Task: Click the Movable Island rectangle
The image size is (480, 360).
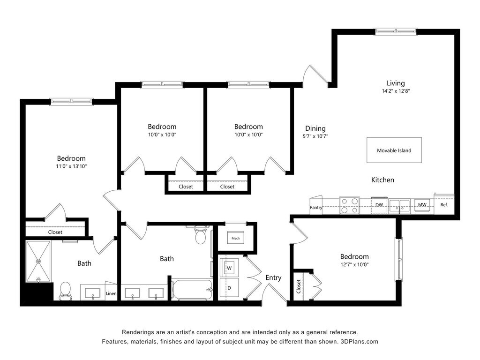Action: (x=394, y=150)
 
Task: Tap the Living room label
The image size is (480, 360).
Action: (x=396, y=83)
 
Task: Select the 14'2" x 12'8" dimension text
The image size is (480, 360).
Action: (x=396, y=91)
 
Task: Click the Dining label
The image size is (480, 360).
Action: (x=315, y=128)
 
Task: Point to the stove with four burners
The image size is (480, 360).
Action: (x=349, y=205)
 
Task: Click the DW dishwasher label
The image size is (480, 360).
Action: (x=379, y=205)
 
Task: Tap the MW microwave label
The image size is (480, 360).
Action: (x=422, y=204)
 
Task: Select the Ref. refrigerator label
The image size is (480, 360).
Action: (x=444, y=205)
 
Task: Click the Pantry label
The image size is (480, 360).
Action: (x=316, y=207)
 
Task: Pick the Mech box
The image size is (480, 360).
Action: (x=235, y=238)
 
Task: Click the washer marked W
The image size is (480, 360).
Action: (x=229, y=268)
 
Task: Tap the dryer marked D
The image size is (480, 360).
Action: (x=229, y=287)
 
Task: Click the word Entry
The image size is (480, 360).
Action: (x=273, y=277)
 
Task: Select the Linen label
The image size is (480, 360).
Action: (x=111, y=293)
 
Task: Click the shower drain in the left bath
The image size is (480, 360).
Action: (x=38, y=261)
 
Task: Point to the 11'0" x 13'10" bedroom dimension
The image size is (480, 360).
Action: (x=71, y=166)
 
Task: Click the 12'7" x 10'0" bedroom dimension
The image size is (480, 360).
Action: (x=354, y=264)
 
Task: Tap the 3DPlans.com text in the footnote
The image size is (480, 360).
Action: (x=360, y=342)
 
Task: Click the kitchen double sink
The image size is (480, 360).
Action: (x=399, y=205)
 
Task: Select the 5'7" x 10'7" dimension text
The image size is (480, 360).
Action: (x=315, y=136)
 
